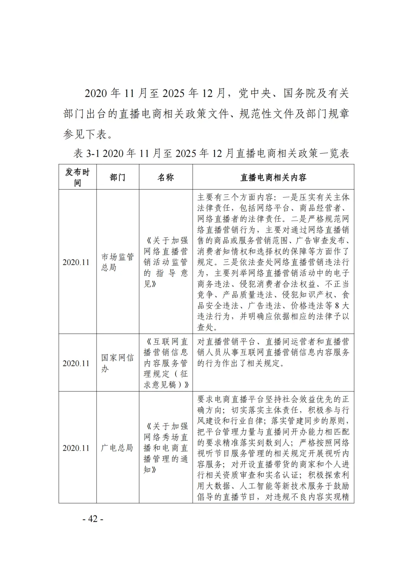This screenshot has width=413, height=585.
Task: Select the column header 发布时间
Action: pyautogui.click(x=77, y=177)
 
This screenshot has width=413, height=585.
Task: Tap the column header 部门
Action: pyautogui.click(x=117, y=177)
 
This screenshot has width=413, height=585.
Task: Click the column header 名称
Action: pyautogui.click(x=166, y=177)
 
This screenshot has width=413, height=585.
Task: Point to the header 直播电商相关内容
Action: pyautogui.click(x=273, y=177)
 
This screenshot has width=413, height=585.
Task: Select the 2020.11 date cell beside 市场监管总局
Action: pyautogui.click(x=76, y=262)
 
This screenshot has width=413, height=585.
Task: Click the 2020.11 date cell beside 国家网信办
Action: pyautogui.click(x=76, y=363)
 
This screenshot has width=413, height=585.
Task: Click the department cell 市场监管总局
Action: pyautogui.click(x=117, y=262)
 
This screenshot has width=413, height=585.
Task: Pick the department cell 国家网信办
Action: pyautogui.click(x=117, y=363)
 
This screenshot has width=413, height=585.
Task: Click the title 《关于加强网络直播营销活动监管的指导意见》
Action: pyautogui.click(x=166, y=262)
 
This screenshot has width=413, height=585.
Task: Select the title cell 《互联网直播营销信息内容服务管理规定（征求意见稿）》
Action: pyautogui.click(x=166, y=363)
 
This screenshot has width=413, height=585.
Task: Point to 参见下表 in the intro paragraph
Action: pyautogui.click(x=85, y=134)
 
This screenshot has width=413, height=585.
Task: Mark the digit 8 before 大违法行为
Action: pyautogui.click(x=337, y=306)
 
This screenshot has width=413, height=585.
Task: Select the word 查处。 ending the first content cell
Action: pyautogui.click(x=208, y=327)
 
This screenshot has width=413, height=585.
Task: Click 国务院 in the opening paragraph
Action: pyautogui.click(x=299, y=93)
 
